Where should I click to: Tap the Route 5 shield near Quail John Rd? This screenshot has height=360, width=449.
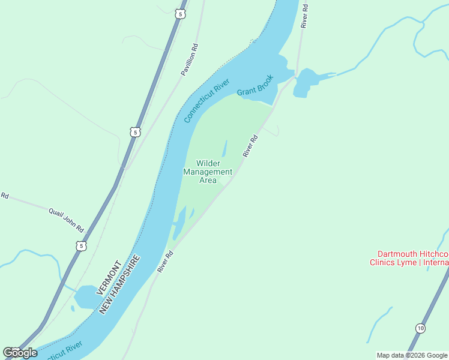[81, 245]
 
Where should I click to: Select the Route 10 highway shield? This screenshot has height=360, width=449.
[420, 328]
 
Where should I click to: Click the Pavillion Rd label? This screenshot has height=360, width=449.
[190, 59]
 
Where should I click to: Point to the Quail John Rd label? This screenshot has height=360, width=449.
[65, 219]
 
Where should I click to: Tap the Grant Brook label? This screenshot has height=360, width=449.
[255, 85]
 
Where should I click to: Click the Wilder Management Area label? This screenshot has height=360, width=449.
[208, 172]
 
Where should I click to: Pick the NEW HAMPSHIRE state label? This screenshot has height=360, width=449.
[120, 284]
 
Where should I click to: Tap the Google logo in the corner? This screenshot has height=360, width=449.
[20, 353]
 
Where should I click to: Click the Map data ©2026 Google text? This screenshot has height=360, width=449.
[412, 355]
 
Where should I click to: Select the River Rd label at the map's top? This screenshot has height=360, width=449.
[305, 16]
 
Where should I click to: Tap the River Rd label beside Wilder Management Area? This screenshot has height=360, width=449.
[250, 146]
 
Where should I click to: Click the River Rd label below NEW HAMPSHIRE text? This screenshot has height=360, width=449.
[165, 262]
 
